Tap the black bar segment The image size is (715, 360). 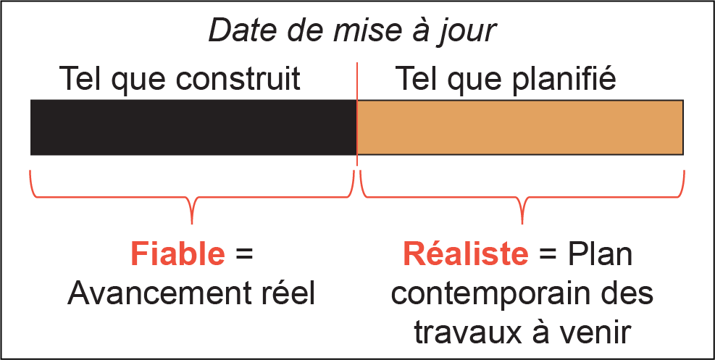[193, 127]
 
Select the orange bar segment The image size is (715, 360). [520, 127]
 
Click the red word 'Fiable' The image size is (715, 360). [177, 254]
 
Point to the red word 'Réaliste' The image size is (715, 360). [466, 254]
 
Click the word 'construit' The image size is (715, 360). [238, 78]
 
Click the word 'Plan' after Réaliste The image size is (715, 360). [600, 254]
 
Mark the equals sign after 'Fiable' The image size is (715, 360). [243, 254]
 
